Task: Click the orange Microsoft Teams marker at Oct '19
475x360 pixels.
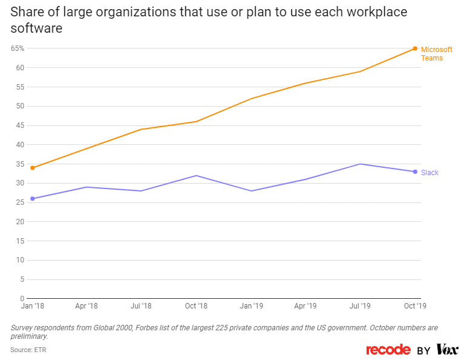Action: click(415, 48)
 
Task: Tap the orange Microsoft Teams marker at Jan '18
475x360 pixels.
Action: click(32, 168)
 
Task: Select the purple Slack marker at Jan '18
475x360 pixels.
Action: click(32, 199)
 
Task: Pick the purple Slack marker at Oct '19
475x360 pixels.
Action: click(415, 172)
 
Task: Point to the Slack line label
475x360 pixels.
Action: click(430, 173)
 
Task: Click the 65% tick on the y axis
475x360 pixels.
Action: click(17, 48)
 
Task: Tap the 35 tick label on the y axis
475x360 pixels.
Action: click(20, 164)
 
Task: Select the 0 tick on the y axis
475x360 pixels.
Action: click(22, 299)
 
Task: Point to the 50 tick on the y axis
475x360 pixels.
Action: click(20, 106)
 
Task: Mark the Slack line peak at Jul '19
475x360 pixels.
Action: click(360, 164)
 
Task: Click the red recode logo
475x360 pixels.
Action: click(388, 350)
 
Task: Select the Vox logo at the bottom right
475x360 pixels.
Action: click(447, 350)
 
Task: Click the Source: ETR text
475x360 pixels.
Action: click(28, 350)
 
